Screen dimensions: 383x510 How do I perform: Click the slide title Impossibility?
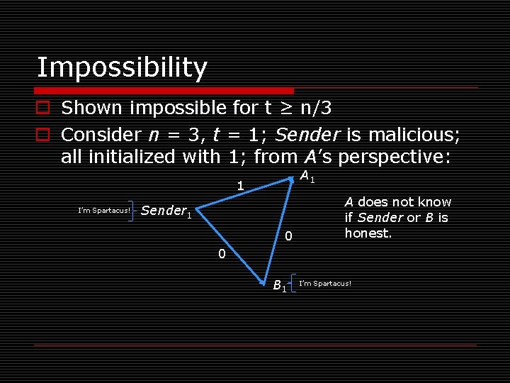pos(122,67)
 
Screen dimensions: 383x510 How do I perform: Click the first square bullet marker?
pos(44,108)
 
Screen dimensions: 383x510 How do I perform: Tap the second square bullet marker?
pos(44,134)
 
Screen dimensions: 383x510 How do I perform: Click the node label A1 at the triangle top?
pos(307,177)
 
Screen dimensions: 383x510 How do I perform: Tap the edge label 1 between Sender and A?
pos(241,187)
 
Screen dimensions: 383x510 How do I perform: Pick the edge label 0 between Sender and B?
pos(221,254)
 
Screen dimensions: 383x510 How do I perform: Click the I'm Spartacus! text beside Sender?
pos(103,210)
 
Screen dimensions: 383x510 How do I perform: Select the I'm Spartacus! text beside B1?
pos(325,284)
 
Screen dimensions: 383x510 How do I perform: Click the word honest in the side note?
pos(368,233)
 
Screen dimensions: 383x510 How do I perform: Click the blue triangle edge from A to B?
pos(280,227)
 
